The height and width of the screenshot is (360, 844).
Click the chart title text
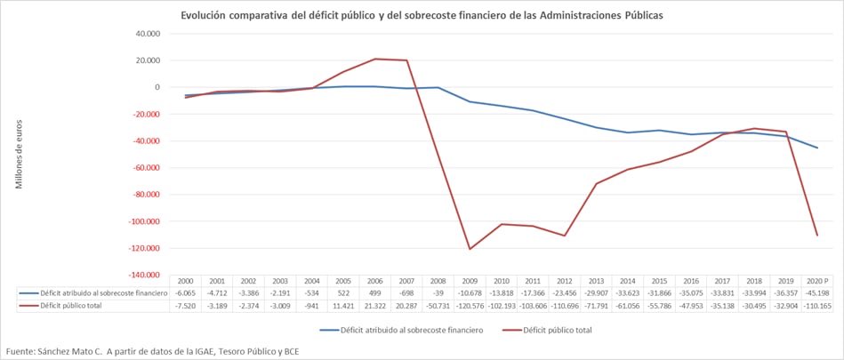pos(422,16)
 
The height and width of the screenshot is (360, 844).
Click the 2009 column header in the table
pos(470,280)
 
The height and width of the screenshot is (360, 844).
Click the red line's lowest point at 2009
pos(470,249)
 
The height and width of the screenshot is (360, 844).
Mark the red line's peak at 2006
pos(375,59)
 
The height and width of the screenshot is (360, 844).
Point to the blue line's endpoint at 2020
pos(817,148)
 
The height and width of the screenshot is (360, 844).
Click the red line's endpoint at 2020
pos(817,235)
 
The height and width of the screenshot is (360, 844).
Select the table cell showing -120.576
pos(470,305)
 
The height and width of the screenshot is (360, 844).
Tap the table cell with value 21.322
pos(375,305)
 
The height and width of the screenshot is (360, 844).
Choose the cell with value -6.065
pos(186,292)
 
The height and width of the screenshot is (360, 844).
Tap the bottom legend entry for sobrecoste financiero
pos(411,330)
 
